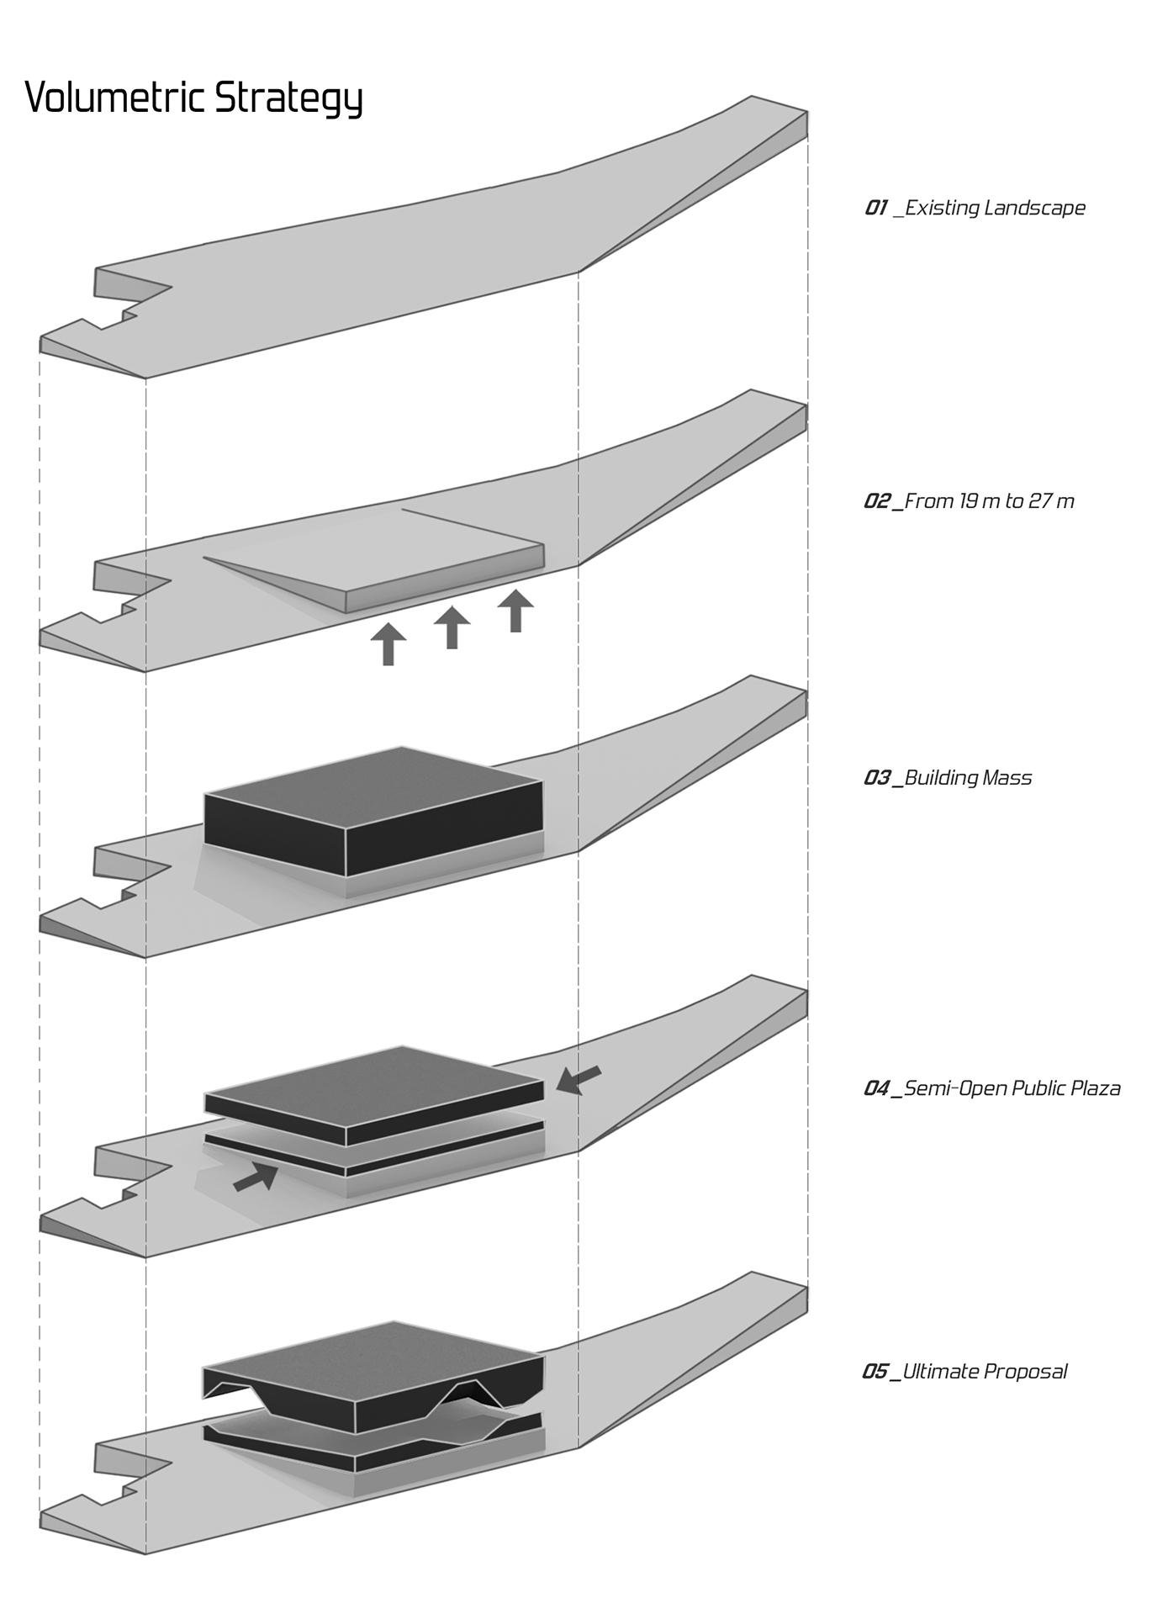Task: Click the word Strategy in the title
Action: [288, 99]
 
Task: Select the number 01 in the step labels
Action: [875, 208]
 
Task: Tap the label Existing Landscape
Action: [995, 208]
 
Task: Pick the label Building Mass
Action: [968, 778]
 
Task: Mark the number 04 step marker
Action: [875, 1088]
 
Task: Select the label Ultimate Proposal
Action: [984, 1372]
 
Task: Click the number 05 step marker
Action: [875, 1372]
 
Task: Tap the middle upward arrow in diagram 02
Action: [452, 627]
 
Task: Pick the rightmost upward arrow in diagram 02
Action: [515, 611]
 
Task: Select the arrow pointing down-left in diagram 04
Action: [579, 1079]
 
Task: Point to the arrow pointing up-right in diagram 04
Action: [256, 1177]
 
